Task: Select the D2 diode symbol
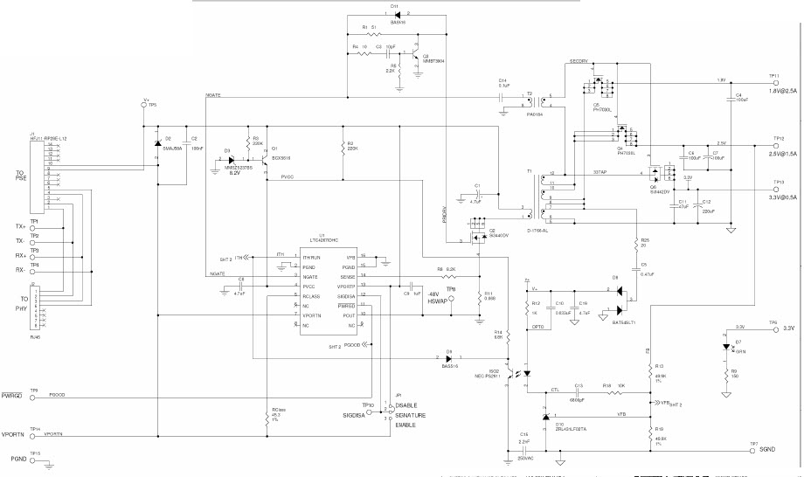pos(157,143)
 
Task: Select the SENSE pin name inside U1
pos(347,276)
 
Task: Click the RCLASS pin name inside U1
pos(313,295)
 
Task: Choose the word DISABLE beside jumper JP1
pos(407,405)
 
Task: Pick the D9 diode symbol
pos(447,358)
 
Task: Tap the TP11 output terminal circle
pos(776,81)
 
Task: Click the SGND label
pos(768,450)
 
